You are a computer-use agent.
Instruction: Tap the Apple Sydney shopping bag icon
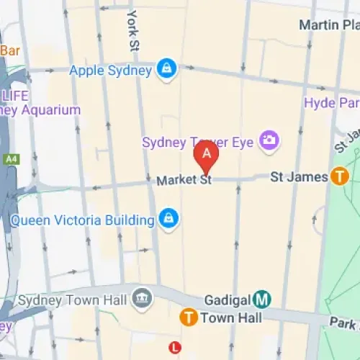(167, 70)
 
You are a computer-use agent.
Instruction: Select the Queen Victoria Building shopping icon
(168, 219)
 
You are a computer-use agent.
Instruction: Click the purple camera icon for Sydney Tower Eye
(270, 140)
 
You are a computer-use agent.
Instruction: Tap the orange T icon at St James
(339, 176)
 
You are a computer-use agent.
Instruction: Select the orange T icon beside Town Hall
(189, 317)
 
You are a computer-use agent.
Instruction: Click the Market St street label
(184, 180)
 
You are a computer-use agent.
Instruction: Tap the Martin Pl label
(328, 25)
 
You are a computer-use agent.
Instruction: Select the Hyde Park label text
(331, 103)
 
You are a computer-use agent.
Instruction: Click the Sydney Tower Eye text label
(199, 141)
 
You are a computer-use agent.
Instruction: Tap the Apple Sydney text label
(110, 71)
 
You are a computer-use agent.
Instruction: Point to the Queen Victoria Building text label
(83, 220)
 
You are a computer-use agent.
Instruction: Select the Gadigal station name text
(225, 299)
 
